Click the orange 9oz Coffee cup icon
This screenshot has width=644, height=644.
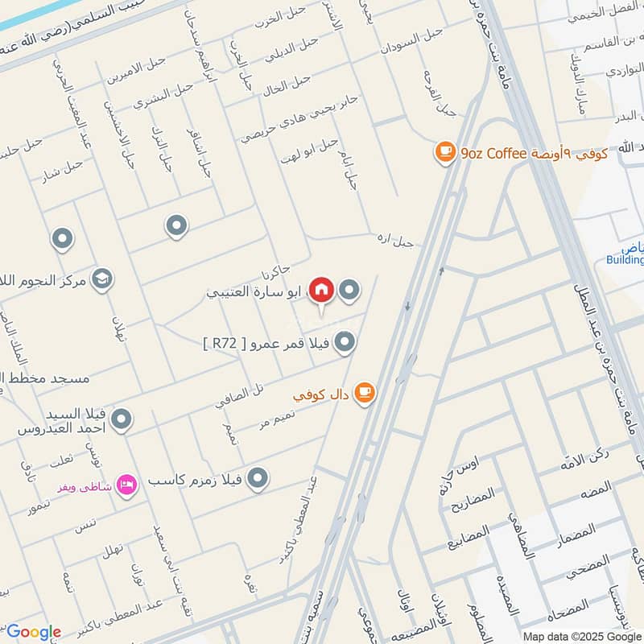pos(444,153)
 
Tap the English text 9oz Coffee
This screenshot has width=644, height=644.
pos(493,153)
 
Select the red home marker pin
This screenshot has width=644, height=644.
pos(321,290)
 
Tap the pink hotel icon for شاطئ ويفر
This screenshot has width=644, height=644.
pos(126,485)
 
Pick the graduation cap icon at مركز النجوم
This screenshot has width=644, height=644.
pos(102,279)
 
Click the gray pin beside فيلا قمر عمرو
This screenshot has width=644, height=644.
pos(345,343)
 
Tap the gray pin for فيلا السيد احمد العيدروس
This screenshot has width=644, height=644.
pos(122,419)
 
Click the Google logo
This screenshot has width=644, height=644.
pos(34,632)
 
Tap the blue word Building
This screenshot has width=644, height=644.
pos(625,260)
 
